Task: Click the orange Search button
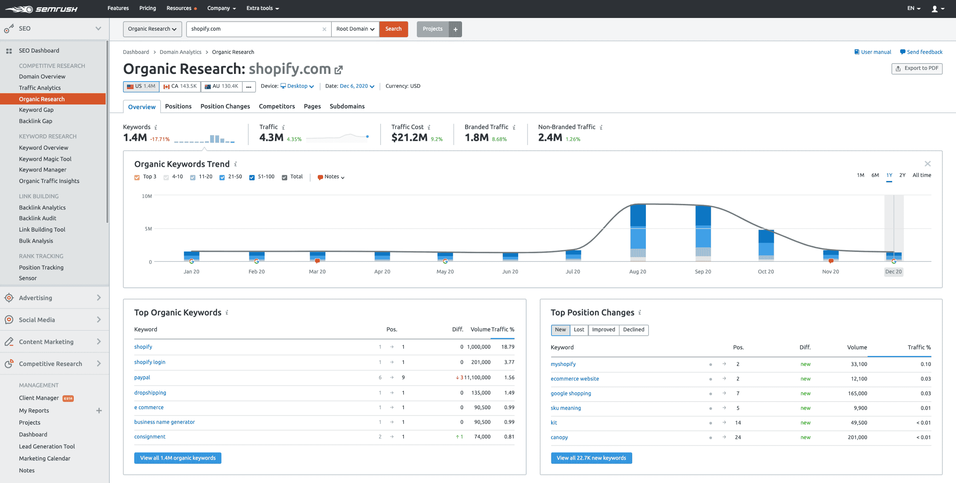click(x=393, y=29)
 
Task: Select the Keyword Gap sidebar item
click(x=36, y=110)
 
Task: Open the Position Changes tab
click(x=225, y=106)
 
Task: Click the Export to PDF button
click(x=917, y=69)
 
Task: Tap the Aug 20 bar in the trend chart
click(x=637, y=232)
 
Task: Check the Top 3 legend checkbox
click(x=137, y=177)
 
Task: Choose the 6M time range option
click(x=875, y=175)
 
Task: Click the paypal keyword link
click(x=142, y=377)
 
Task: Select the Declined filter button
click(x=633, y=330)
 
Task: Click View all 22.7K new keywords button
click(x=591, y=458)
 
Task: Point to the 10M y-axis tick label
click(x=147, y=196)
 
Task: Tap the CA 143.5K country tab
click(x=180, y=86)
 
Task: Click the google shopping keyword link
click(x=571, y=393)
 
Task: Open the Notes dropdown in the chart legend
click(x=331, y=177)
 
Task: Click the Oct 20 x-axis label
click(x=766, y=272)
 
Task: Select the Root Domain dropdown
click(x=355, y=29)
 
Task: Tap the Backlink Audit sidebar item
click(x=37, y=218)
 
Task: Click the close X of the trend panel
click(x=927, y=164)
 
